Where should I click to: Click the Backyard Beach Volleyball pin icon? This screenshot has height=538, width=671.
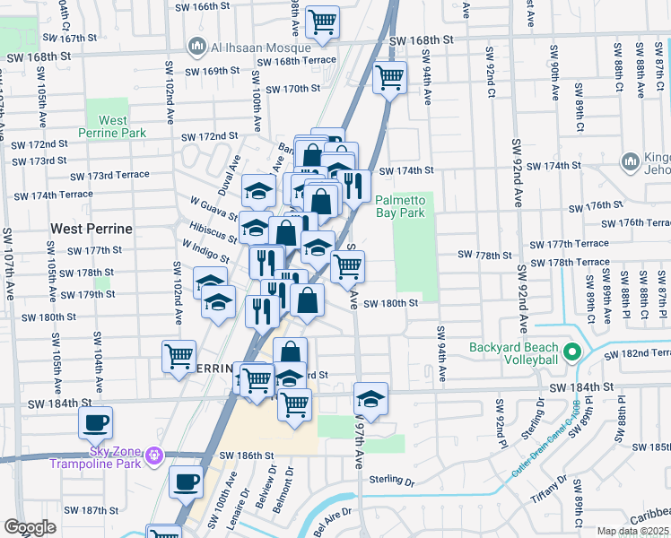[573, 348]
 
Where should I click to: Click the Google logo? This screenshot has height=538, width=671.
[30, 527]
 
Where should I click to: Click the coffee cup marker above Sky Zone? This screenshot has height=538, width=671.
[95, 422]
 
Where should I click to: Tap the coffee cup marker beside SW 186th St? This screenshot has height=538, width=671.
[186, 482]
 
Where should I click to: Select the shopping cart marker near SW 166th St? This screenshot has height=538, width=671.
[322, 21]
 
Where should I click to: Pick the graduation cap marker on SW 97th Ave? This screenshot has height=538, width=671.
[370, 397]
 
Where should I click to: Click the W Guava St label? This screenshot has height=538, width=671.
[209, 209]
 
